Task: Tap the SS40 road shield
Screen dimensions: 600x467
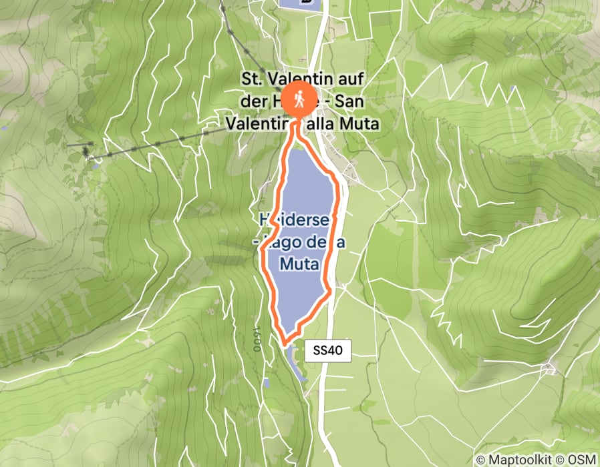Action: pos(327,351)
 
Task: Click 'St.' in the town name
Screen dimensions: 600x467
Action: pos(253,80)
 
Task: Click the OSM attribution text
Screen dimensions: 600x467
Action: pos(583,460)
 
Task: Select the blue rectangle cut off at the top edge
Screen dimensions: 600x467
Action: pos(299,3)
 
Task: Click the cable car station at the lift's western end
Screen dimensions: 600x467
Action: pos(88,152)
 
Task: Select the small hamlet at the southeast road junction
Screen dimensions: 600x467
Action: pos(551,368)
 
